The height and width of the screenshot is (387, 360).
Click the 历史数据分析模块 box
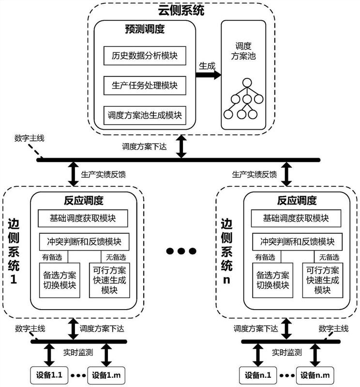pos(141,56)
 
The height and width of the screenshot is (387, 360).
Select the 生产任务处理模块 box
pos(141,86)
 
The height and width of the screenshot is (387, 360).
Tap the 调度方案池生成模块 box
pos(141,115)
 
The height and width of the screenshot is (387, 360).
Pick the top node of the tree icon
pos(247,82)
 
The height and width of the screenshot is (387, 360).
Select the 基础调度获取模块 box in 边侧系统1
pos(83,219)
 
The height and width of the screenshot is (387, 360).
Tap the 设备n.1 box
pos(257,374)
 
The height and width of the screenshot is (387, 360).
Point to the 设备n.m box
pos(314,374)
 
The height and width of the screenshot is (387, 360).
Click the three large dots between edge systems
pos(181,251)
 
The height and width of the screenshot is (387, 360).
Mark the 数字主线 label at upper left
pos(29,139)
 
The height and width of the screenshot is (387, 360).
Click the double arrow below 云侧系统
pos(182,147)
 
